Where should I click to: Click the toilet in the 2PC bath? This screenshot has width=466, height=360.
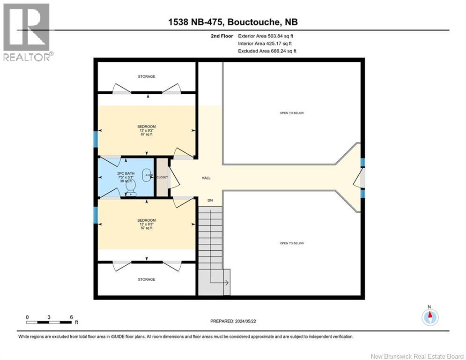pyautogui.click(x=131, y=187)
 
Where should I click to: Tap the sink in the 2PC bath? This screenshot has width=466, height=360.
pyautogui.click(x=148, y=175)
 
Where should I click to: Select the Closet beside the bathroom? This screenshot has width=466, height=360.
pyautogui.click(x=161, y=177)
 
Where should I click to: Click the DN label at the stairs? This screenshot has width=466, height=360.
pyautogui.click(x=211, y=200)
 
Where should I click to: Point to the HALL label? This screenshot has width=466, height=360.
pyautogui.click(x=206, y=178)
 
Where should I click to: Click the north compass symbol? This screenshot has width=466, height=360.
pyautogui.click(x=429, y=317)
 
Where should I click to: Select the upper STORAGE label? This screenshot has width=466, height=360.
pyautogui.click(x=146, y=76)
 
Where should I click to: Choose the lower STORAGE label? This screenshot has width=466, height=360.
pyautogui.click(x=146, y=279)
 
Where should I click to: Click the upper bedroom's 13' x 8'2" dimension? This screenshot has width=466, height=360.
pyautogui.click(x=146, y=130)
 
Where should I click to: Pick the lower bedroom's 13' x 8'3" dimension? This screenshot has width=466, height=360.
pyautogui.click(x=146, y=224)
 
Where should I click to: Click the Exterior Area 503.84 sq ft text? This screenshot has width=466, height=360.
pyautogui.click(x=266, y=36)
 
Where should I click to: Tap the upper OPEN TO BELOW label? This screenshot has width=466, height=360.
pyautogui.click(x=292, y=113)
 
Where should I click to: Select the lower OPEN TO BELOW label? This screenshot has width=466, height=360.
pyautogui.click(x=292, y=243)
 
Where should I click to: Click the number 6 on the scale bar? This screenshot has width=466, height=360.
pyautogui.click(x=71, y=316)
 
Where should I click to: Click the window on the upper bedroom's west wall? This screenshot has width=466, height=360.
pyautogui.click(x=96, y=139)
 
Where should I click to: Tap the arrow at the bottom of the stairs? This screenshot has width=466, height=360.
pyautogui.click(x=225, y=283)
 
